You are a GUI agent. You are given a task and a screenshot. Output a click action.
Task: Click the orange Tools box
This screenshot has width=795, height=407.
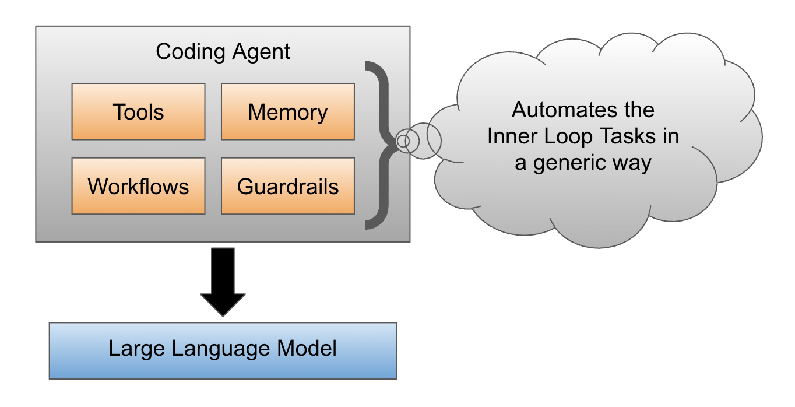(138, 111)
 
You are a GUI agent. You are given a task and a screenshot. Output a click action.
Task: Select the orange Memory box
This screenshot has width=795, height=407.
(287, 111)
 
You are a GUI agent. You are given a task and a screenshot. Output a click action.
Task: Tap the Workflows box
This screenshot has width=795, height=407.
(138, 185)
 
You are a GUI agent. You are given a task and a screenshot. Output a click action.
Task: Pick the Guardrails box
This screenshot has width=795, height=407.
(287, 185)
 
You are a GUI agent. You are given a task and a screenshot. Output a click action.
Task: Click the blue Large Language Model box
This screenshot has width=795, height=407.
(223, 350)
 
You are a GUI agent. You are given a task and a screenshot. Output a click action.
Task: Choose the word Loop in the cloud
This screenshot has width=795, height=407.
(562, 136)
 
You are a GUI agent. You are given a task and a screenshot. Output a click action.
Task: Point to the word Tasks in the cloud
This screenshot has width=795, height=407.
(620, 136)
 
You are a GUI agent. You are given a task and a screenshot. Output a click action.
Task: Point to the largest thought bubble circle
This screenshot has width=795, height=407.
(434, 139)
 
